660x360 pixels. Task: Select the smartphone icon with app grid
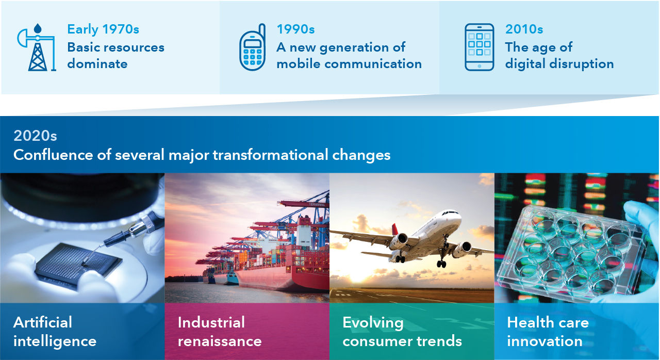480,47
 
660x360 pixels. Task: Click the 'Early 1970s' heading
103,29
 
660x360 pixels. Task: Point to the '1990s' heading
295,29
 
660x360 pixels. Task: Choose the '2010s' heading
524,29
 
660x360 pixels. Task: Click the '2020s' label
35,136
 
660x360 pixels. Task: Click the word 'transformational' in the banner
270,155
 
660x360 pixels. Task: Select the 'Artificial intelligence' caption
55,332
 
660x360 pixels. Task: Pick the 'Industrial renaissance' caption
220,332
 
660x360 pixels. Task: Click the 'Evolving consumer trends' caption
402,332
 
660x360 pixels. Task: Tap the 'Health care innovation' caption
548,332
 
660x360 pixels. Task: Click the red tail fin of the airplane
395,229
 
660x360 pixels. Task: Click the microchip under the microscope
78,264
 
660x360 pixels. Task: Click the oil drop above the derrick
38,28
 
